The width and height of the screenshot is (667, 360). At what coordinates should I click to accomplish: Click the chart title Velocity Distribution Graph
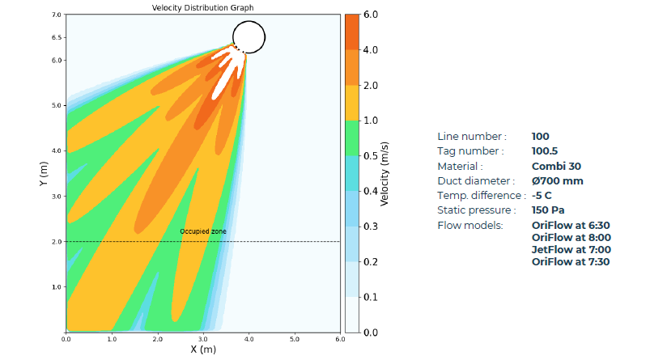pyautogui.click(x=202, y=7)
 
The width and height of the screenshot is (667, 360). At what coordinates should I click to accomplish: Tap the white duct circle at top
pyautogui.click(x=249, y=36)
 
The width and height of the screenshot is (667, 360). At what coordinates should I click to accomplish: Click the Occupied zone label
pyautogui.click(x=202, y=232)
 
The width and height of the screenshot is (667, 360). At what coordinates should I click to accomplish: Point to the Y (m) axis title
pyautogui.click(x=42, y=174)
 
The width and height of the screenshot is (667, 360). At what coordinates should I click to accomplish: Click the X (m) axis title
pyautogui.click(x=202, y=349)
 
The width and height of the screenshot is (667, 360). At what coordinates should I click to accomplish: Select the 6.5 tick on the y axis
pyautogui.click(x=57, y=37)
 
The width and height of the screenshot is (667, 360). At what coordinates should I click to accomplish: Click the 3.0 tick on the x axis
pyautogui.click(x=203, y=339)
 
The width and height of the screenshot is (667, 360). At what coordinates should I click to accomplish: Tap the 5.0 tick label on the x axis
pyautogui.click(x=295, y=339)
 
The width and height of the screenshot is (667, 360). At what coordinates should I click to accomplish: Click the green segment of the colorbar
pyautogui.click(x=351, y=138)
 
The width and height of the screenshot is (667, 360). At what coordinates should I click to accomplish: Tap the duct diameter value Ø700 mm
pyautogui.click(x=557, y=180)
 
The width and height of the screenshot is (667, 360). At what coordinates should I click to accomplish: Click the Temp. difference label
pyautogui.click(x=477, y=195)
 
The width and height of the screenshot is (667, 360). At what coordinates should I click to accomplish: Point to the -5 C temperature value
pyautogui.click(x=542, y=195)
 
